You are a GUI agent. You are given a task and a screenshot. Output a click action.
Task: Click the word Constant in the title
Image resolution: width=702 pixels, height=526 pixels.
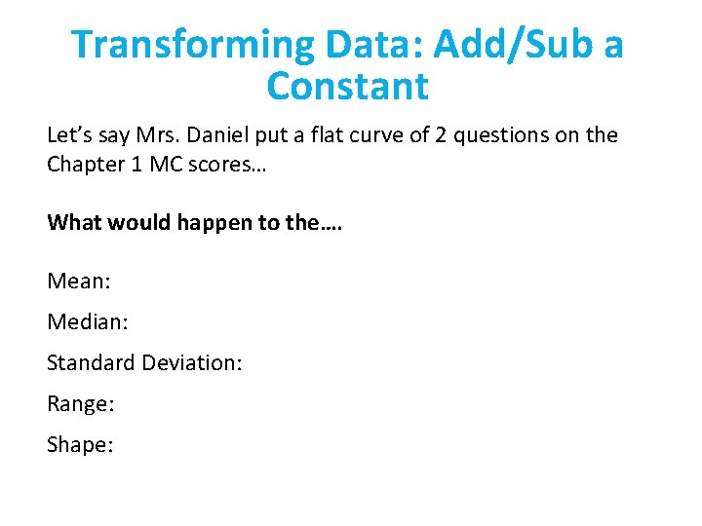point(347,87)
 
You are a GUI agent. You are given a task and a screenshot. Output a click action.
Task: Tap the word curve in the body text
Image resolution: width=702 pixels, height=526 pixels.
point(364,134)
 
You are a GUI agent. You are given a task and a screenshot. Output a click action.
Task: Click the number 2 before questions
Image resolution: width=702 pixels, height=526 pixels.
point(440,134)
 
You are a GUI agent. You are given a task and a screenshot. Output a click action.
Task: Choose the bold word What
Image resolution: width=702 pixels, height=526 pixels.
point(75,222)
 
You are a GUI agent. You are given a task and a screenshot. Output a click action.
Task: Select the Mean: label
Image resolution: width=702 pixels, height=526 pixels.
point(79,282)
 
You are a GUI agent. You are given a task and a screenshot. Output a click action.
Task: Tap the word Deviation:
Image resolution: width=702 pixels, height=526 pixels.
point(192,363)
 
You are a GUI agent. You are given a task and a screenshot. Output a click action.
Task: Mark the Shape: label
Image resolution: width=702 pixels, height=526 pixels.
point(80,445)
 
